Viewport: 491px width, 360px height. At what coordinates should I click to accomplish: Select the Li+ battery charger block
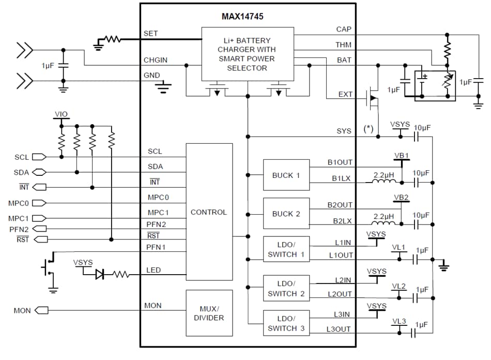click(248, 54)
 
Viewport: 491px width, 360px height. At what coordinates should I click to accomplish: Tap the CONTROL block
click(209, 212)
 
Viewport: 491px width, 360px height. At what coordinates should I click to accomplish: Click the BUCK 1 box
click(286, 175)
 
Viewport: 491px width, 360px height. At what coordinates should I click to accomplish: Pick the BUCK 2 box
click(286, 214)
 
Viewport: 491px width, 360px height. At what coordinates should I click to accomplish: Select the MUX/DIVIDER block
click(209, 313)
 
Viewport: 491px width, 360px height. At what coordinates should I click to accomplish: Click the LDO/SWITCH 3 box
click(286, 323)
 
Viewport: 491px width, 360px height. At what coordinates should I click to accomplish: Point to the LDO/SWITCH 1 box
click(286, 249)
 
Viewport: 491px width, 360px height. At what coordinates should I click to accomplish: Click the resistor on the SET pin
click(112, 39)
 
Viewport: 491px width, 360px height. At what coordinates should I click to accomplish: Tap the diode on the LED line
click(100, 275)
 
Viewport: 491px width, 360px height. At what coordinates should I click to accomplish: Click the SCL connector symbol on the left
click(38, 156)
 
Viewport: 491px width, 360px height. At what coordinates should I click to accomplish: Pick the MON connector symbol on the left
click(41, 310)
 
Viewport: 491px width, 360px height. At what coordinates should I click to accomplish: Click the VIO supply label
click(61, 114)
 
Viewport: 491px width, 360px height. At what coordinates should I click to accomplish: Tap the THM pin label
click(343, 45)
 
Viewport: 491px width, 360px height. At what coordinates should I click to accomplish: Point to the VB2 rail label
click(401, 198)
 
